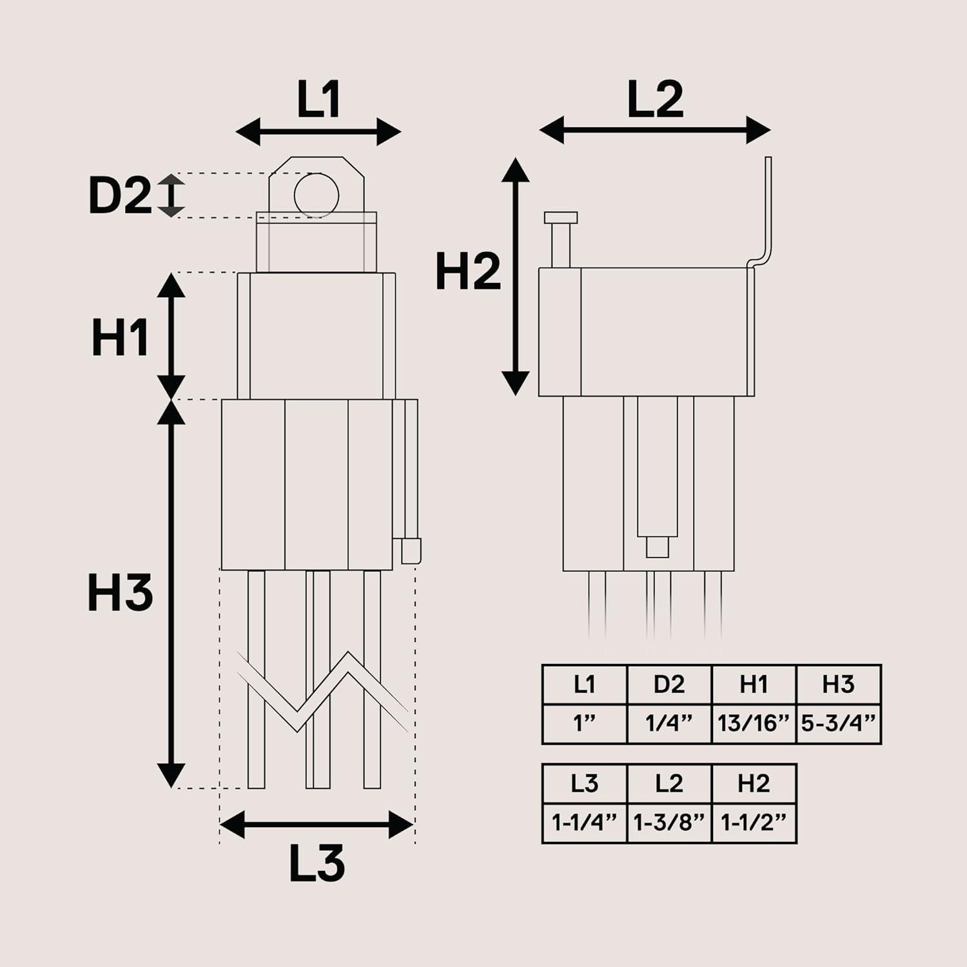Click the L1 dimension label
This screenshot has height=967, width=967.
(318, 100)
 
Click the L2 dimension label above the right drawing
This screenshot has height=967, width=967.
(655, 100)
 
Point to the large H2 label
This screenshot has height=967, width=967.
(467, 271)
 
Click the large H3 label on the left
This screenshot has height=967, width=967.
(120, 593)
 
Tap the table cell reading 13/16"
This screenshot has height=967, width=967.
(754, 724)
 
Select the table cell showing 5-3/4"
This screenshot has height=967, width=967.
(839, 724)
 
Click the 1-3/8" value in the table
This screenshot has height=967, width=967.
(669, 823)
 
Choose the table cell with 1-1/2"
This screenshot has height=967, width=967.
(754, 823)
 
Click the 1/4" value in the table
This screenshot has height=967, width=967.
(669, 724)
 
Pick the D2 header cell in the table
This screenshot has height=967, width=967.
(669, 685)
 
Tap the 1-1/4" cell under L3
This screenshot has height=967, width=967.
(584, 823)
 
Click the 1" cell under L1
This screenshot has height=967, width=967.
(584, 724)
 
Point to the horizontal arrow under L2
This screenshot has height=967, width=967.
(655, 130)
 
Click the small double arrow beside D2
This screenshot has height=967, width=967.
(171, 195)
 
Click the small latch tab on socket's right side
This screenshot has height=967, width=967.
(411, 550)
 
